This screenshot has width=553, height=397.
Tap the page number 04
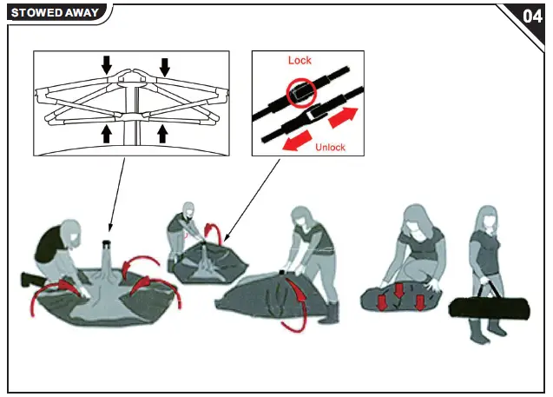532,17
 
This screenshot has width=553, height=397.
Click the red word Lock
300,61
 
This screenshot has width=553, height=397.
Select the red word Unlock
329,147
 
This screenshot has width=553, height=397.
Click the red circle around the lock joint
300,93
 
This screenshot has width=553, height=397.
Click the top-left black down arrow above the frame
107,64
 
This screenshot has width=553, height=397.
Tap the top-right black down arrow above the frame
166,66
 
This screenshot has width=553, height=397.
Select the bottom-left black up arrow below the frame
107,132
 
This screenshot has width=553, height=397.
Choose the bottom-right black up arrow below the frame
162,133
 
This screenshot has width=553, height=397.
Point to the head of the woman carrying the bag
484,219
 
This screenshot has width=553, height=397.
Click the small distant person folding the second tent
185,228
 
